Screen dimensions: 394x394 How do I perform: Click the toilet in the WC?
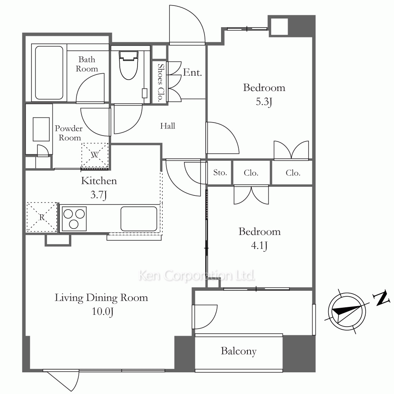129,65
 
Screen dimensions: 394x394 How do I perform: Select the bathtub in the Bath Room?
49,72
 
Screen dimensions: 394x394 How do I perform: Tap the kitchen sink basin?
139,219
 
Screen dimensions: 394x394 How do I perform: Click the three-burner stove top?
74,219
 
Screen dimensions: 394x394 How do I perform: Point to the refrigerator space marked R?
42,217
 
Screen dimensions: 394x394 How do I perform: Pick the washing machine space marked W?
95,155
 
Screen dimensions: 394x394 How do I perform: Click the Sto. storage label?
220,173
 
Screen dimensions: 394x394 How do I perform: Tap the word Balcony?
239,351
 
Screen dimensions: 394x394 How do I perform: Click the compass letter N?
382,298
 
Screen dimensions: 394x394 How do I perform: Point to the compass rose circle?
347,311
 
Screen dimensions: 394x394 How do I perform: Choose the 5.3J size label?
264,102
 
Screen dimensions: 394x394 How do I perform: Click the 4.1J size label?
259,245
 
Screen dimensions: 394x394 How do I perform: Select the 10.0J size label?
102,312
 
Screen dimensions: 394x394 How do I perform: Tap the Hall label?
167,126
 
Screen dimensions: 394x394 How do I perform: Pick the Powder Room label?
69,133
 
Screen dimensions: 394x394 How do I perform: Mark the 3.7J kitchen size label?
99,195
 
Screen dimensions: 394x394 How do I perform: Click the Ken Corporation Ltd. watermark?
197,276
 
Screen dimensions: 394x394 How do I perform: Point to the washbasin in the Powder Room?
41,129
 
